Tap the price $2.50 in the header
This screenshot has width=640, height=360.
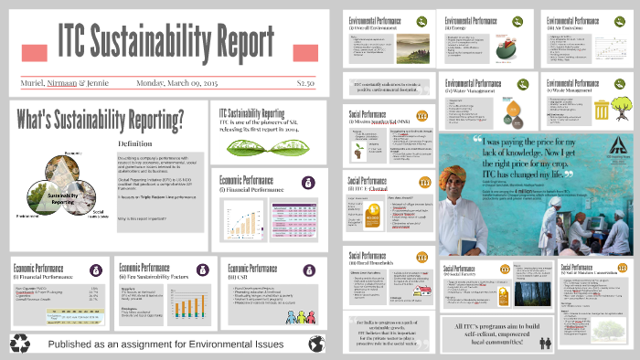pyautogui.click(x=305, y=83)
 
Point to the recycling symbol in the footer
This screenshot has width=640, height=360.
pyautogui.click(x=20, y=344)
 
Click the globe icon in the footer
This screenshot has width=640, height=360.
pyautogui.click(x=317, y=344)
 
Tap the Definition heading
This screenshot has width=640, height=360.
pyautogui.click(x=136, y=143)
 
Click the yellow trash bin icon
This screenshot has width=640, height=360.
pyautogui.click(x=603, y=111)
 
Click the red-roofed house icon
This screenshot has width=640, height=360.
pyautogui.click(x=421, y=289)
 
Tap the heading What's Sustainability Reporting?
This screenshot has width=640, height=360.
pyautogui.click(x=100, y=119)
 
